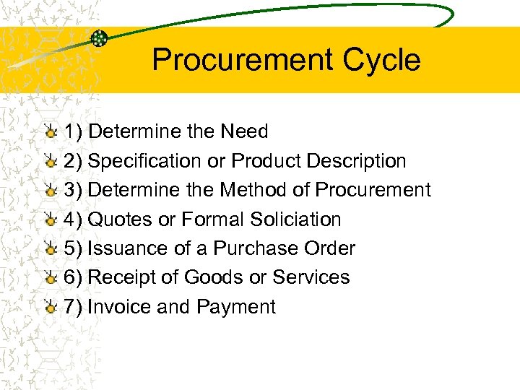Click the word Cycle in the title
[x=381, y=60]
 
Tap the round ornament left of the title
[x=100, y=38]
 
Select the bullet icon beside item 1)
[x=49, y=132]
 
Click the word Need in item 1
[x=244, y=131]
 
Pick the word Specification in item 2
[x=144, y=161]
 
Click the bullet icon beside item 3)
[x=49, y=191]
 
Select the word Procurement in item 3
[x=373, y=190]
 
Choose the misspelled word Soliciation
[x=295, y=220]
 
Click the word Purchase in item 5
[x=257, y=248]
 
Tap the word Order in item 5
[x=331, y=248]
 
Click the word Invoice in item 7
[x=119, y=307]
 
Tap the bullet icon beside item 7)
[x=49, y=308]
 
